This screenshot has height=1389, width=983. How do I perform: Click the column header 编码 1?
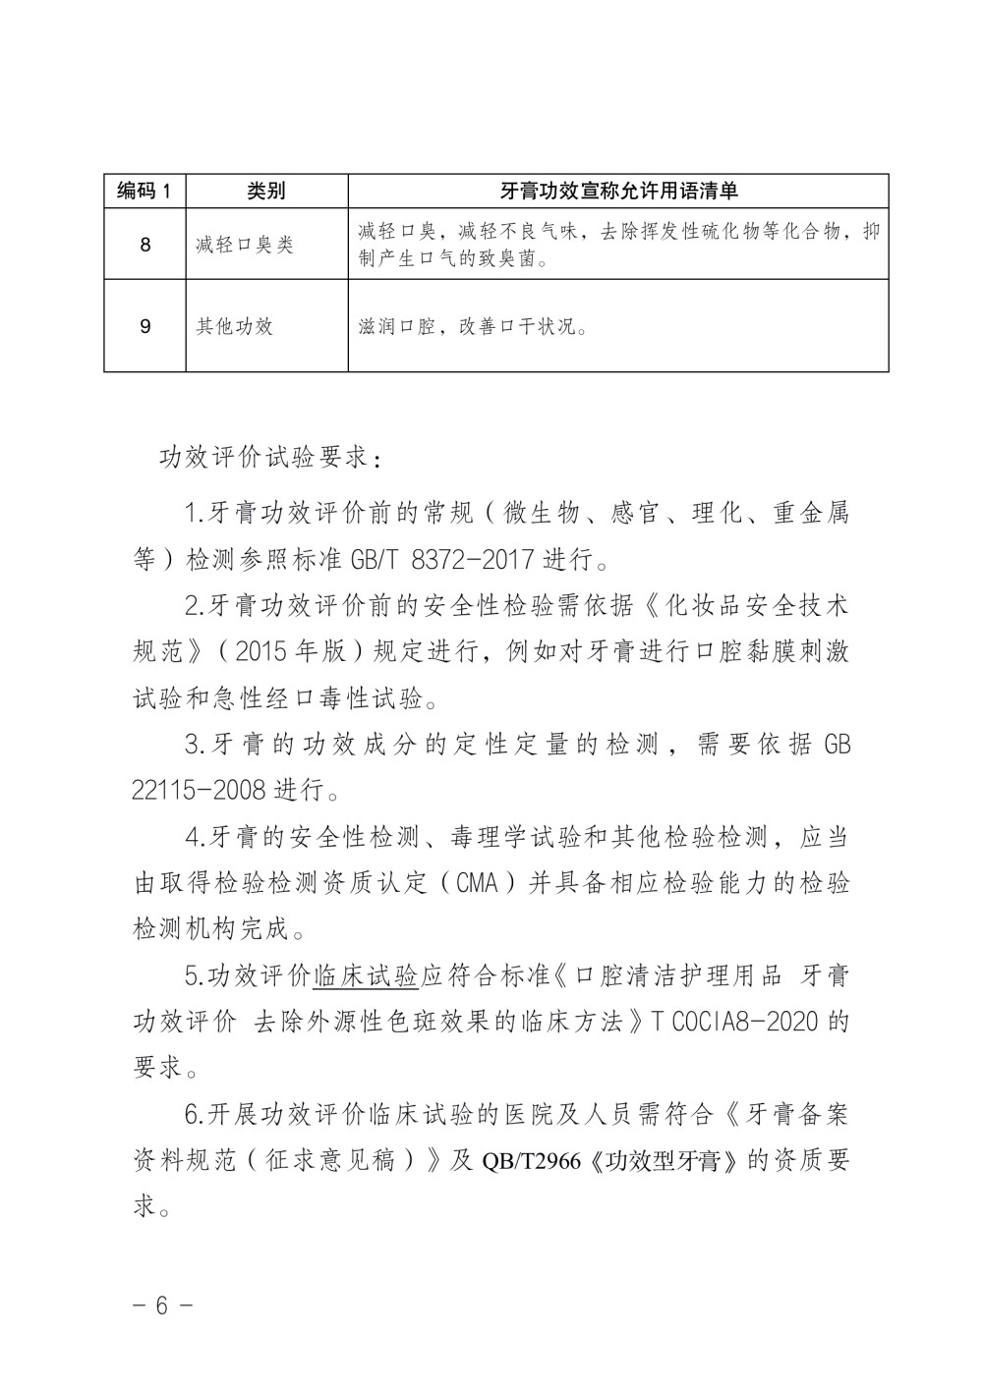tap(145, 191)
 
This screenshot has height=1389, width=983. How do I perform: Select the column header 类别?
tap(266, 191)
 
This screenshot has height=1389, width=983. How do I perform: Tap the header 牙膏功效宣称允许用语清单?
tap(618, 191)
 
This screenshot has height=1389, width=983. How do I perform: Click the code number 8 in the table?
tap(145, 244)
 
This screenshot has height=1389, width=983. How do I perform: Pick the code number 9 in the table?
tap(145, 325)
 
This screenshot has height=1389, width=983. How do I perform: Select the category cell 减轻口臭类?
tap(244, 244)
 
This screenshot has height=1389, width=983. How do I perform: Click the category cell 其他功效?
tap(234, 325)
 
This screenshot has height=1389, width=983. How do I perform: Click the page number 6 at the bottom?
tap(162, 1305)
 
